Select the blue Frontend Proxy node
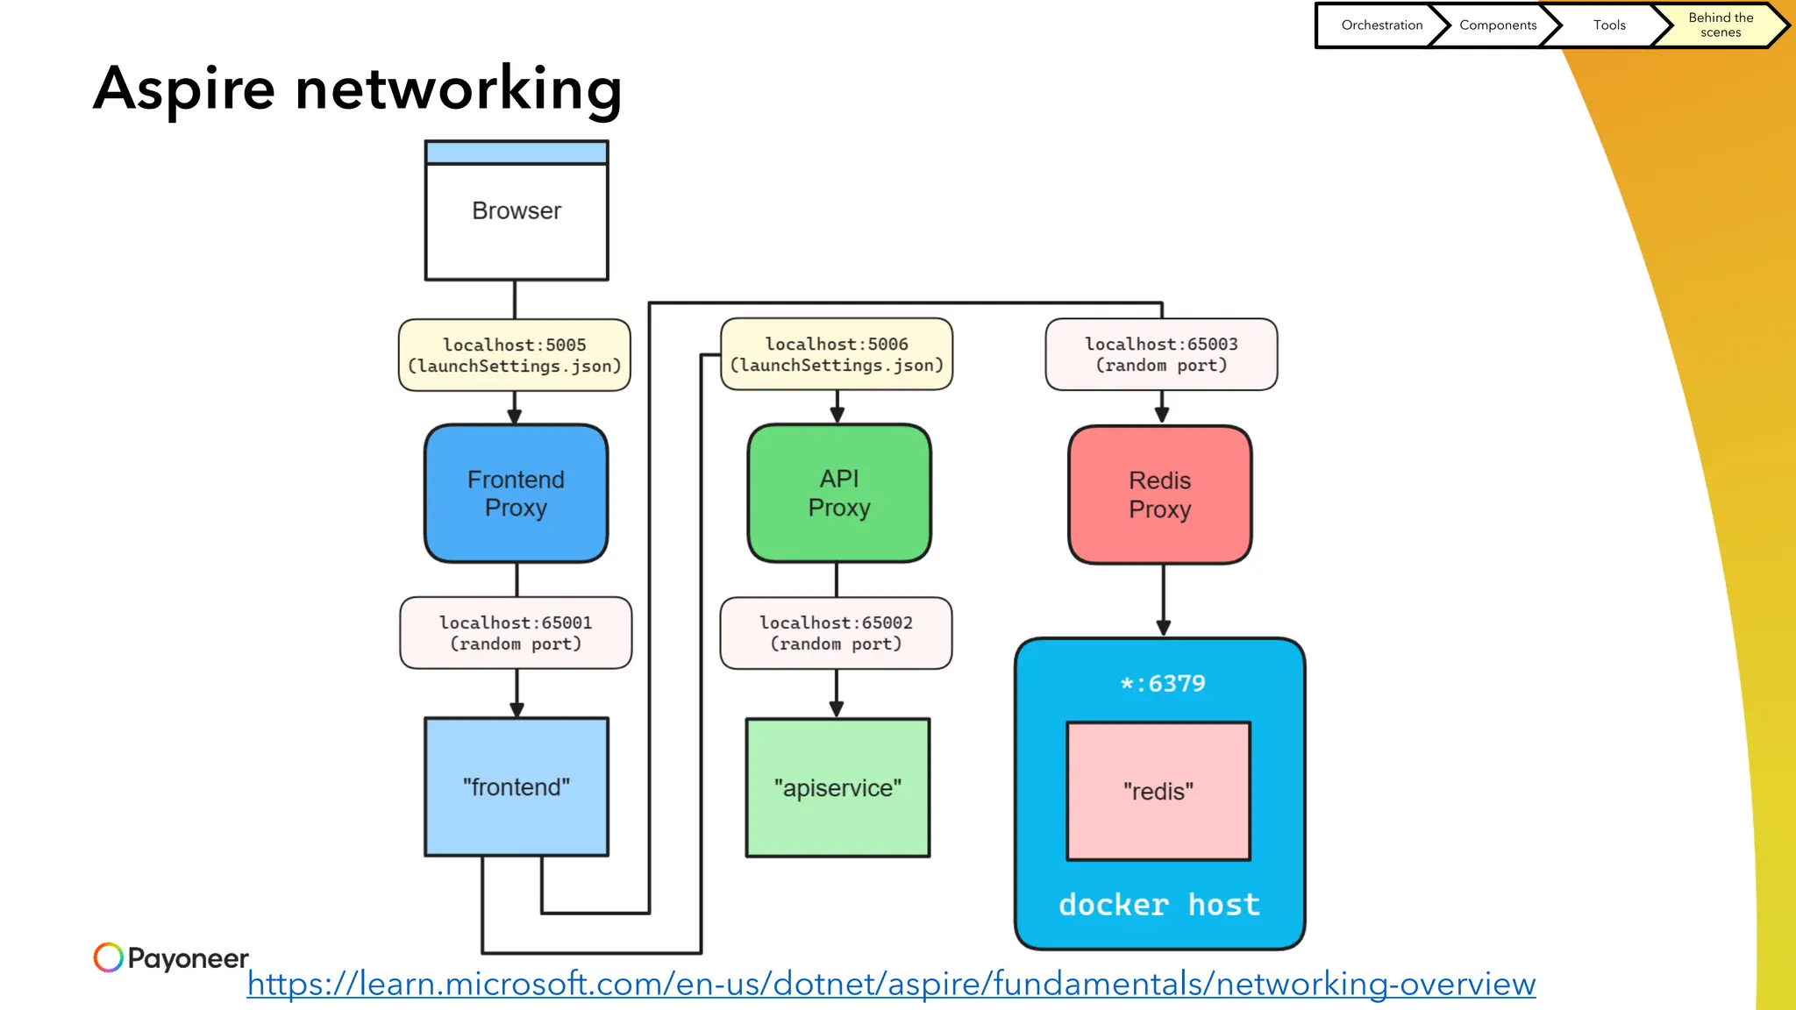click(516, 494)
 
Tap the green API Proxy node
click(839, 494)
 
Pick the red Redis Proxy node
click(1159, 495)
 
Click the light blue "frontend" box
click(517, 787)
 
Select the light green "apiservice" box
click(837, 788)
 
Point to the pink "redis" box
click(1158, 792)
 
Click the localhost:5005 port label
click(515, 355)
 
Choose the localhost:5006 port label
click(837, 354)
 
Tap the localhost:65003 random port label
click(1161, 354)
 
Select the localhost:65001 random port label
click(516, 633)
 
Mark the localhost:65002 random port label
click(836, 633)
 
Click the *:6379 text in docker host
click(1163, 684)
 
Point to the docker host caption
click(1159, 905)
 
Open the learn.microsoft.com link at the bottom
click(891, 984)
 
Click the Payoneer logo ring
click(109, 957)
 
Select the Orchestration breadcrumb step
click(1381, 25)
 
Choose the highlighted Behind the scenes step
click(1720, 25)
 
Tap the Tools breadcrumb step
click(1609, 25)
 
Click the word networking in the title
click(459, 89)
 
